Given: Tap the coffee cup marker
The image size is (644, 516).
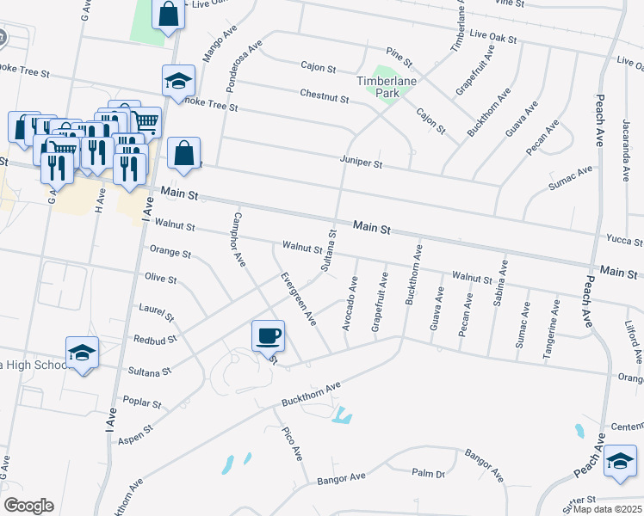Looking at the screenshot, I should coord(269,335).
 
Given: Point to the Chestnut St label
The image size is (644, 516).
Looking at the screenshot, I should coord(324,98).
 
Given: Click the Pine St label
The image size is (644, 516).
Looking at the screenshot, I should coord(401,57).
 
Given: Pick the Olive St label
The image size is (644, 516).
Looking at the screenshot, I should coord(161,279).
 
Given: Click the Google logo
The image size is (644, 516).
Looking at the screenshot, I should coord(28,506).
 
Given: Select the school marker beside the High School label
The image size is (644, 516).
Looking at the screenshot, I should coord(83,353).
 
